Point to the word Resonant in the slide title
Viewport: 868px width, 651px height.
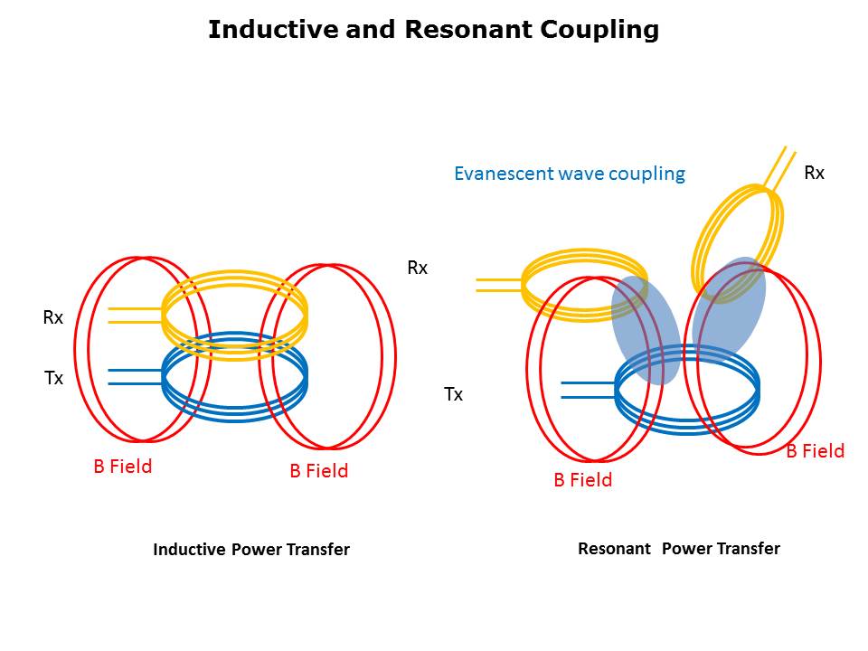tap(468, 30)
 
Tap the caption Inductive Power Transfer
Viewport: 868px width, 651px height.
tap(251, 550)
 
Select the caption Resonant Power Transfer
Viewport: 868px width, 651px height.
tap(678, 549)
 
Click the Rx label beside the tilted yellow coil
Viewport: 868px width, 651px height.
tap(814, 173)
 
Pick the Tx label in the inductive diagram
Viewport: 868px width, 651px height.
tap(54, 379)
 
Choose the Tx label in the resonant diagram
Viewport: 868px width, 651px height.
tap(453, 394)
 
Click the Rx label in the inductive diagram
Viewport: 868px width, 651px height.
tap(53, 318)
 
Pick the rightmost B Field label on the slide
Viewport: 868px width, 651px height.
tap(815, 451)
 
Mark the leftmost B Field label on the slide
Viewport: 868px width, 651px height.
tap(123, 467)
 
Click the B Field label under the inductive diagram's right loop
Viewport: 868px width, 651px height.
tap(318, 471)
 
